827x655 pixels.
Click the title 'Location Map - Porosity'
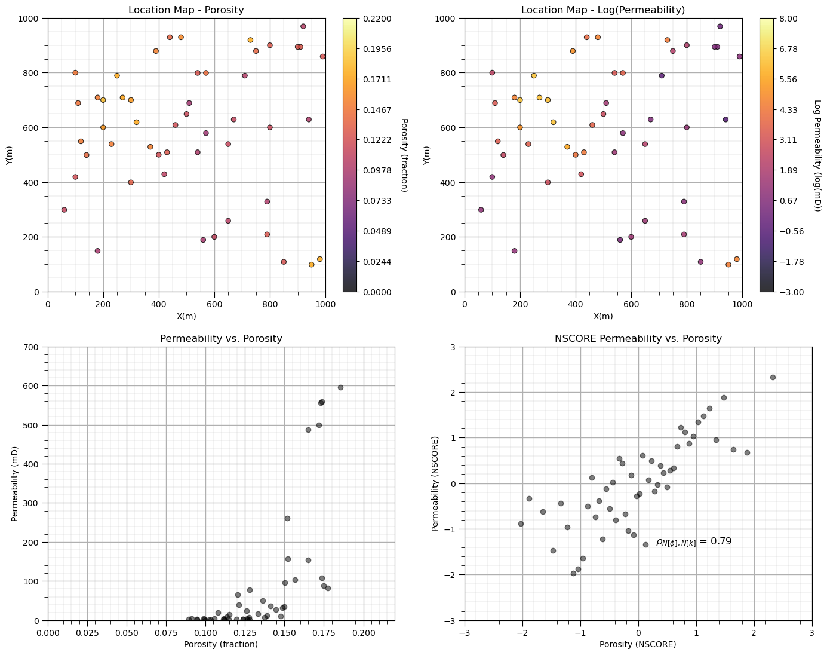[x=186, y=10]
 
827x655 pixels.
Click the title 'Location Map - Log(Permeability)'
[x=603, y=10]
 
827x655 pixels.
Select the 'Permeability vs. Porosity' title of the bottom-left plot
[x=221, y=338]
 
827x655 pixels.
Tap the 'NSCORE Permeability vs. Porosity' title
[x=638, y=338]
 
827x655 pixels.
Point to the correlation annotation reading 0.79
[x=693, y=542]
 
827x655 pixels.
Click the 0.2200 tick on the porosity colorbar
[x=376, y=19]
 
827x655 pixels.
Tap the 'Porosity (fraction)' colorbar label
[x=404, y=155]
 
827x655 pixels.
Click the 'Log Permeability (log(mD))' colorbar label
[x=817, y=155]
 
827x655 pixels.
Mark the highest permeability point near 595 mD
[x=340, y=387]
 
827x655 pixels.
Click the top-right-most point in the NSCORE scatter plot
[x=773, y=377]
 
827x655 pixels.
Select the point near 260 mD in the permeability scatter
[x=287, y=518]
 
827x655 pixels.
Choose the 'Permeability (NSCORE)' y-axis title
[x=435, y=483]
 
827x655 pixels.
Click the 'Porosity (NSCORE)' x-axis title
[x=638, y=645]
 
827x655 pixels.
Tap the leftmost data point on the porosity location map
[x=64, y=210]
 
